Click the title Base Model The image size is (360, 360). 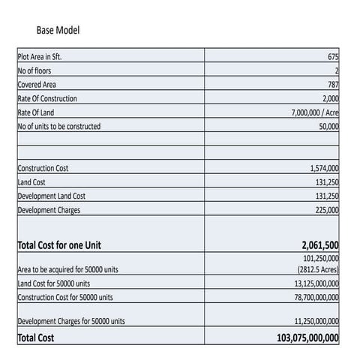pos(58,31)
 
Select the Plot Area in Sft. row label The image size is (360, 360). pos(45,56)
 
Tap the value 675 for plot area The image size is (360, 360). pos(333,57)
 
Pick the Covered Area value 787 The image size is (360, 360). pos(333,85)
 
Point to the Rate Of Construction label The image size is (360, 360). pos(46,98)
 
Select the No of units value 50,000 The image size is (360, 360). pos(328,126)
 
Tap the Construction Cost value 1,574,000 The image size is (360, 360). pos(324,169)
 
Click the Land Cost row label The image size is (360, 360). pos(31,182)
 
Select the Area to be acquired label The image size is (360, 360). pos(67,269)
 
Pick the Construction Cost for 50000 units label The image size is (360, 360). pos(65,297)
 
